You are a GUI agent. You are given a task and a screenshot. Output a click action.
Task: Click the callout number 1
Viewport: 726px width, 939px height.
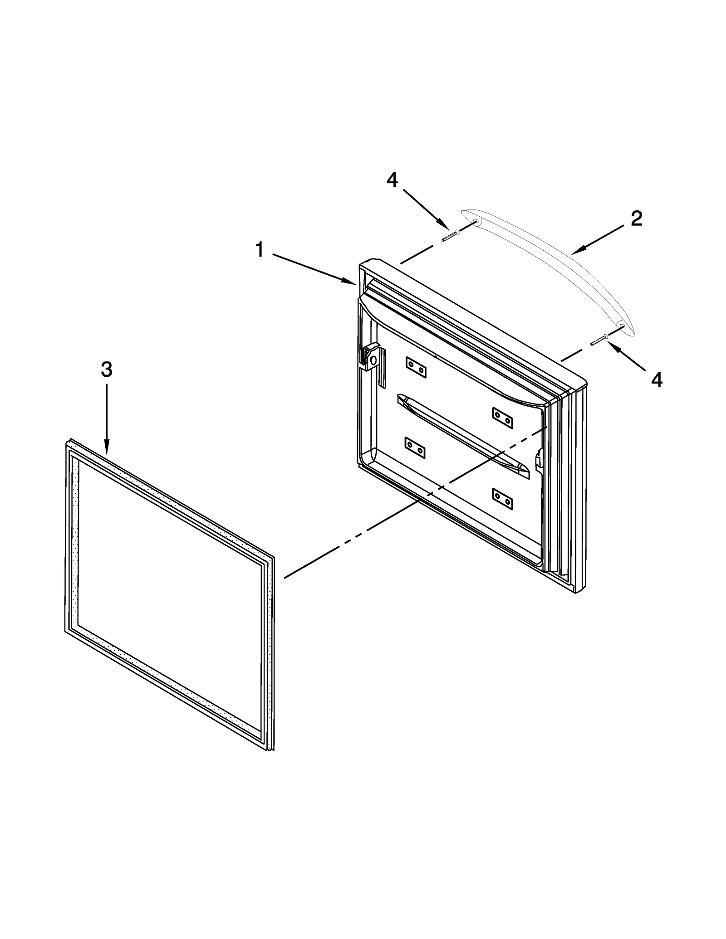coord(260,250)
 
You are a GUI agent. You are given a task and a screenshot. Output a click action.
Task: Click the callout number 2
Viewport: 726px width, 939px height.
coord(636,219)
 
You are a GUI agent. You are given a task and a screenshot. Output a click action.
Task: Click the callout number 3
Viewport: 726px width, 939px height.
coord(106,370)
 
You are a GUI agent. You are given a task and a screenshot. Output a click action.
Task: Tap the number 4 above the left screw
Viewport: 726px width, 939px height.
coord(392,180)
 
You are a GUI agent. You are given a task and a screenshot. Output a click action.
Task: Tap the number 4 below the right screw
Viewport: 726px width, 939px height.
coord(657,380)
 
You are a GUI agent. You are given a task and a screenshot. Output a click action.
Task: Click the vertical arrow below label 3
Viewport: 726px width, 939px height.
coord(107,417)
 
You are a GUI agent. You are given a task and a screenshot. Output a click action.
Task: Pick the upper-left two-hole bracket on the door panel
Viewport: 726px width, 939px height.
coord(416,367)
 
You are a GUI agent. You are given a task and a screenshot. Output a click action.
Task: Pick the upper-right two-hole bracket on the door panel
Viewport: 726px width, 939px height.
coord(503,418)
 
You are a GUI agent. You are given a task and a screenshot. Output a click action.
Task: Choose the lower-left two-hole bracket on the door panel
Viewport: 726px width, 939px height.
coord(415,448)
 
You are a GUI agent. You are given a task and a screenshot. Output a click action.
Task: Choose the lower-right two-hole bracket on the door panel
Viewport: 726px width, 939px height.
coord(503,499)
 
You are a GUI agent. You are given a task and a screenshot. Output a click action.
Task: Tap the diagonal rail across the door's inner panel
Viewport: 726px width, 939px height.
coord(463,435)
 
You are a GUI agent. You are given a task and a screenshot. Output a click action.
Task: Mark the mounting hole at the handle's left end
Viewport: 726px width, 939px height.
coord(475,222)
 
